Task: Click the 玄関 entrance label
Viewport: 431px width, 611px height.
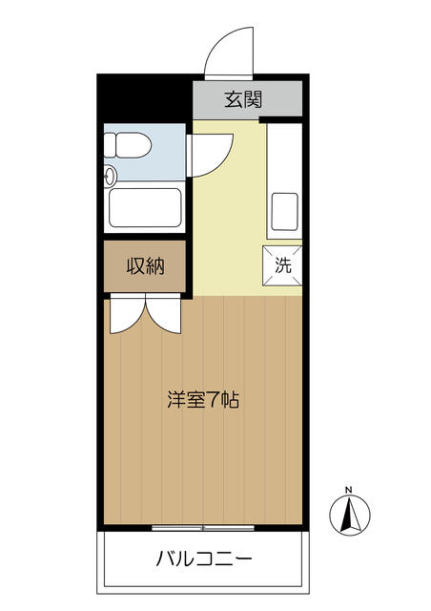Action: click(243, 99)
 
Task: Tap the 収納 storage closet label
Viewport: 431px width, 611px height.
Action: click(145, 266)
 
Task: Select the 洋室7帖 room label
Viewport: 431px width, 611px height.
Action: click(202, 400)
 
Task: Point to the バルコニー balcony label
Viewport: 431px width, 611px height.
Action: click(204, 559)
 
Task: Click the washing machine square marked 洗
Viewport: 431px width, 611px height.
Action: click(282, 265)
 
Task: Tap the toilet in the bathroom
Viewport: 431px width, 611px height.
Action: click(128, 145)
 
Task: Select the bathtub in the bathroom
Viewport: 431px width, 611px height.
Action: click(145, 208)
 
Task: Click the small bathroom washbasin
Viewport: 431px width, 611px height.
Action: click(110, 176)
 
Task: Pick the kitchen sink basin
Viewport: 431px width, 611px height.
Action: click(284, 212)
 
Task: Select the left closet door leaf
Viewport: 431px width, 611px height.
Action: click(128, 314)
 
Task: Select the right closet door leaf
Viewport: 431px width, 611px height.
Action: click(163, 314)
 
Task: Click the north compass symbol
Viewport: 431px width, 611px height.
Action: click(350, 516)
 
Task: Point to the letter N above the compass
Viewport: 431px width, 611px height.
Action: click(349, 490)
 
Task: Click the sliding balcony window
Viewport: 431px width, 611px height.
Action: click(203, 528)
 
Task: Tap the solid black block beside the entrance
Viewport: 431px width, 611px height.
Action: click(144, 97)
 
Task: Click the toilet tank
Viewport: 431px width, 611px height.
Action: click(110, 145)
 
